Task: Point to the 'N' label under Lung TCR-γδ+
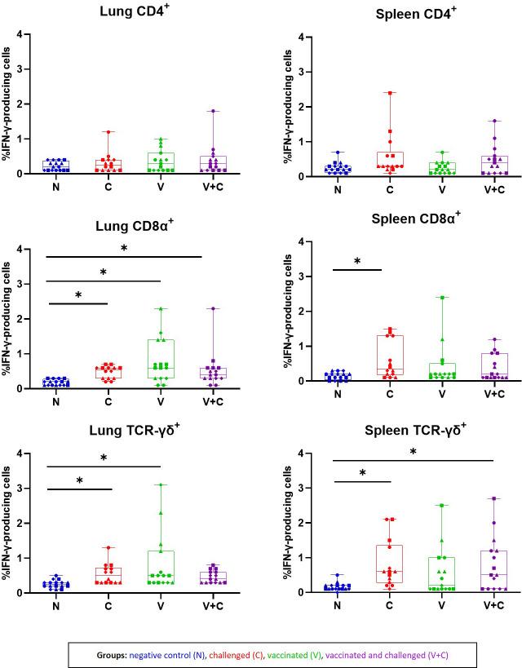click(55, 607)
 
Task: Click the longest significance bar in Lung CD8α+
click(124, 257)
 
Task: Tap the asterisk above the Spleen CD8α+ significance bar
click(357, 262)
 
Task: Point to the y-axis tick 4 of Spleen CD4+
click(301, 38)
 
